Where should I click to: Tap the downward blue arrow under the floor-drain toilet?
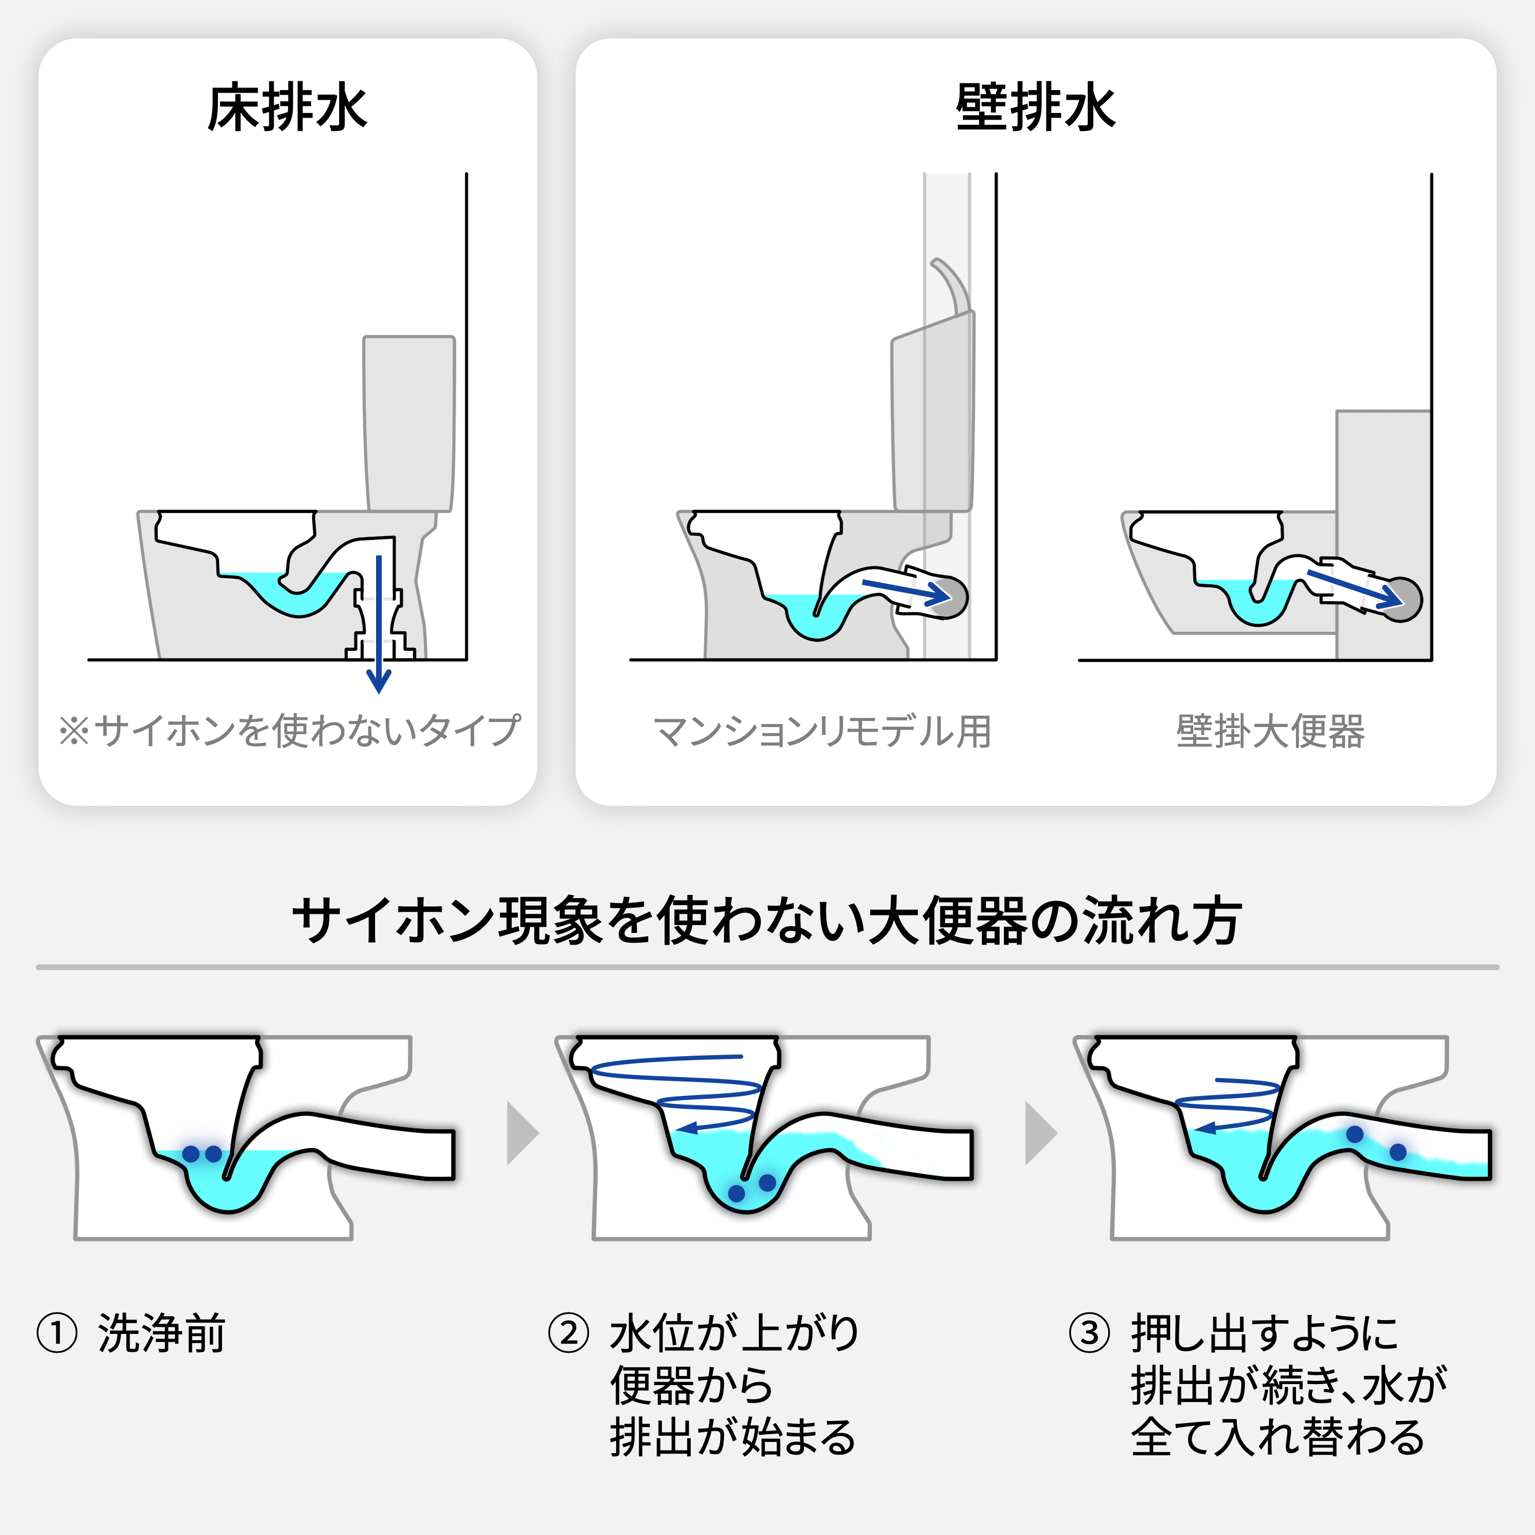379,624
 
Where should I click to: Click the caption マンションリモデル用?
822,732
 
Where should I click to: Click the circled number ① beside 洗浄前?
57,1332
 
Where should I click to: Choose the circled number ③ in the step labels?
1089,1332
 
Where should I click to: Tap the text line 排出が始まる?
733,1437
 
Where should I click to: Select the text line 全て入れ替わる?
1278,1437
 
